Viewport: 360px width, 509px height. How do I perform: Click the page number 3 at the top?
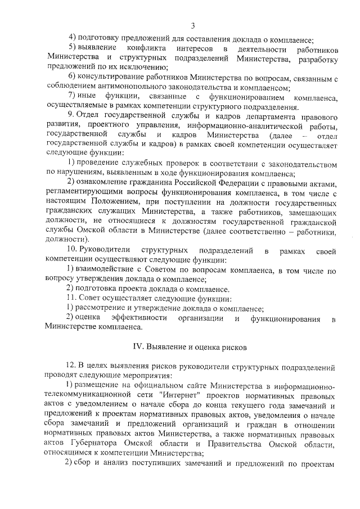click(193, 26)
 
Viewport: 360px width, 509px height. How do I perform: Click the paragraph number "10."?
click(74, 250)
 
